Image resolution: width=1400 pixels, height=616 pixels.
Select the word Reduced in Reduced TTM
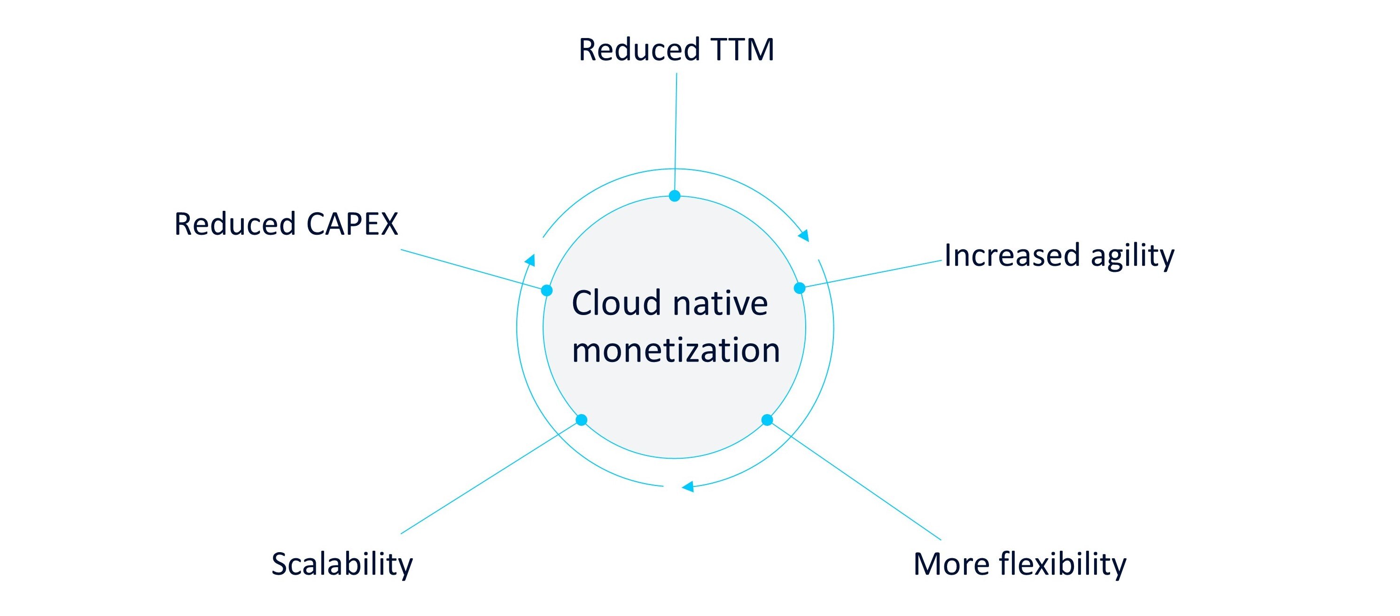click(x=639, y=50)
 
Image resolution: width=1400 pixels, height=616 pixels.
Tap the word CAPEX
click(x=352, y=224)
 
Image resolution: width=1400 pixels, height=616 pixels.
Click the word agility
click(x=1133, y=256)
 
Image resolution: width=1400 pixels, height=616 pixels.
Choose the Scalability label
click(x=342, y=564)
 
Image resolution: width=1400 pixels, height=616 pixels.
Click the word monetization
click(x=676, y=350)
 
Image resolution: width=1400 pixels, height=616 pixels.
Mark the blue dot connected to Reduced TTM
click(x=675, y=196)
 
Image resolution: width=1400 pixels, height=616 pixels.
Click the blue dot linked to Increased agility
click(x=800, y=288)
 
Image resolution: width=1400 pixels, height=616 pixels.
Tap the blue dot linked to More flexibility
click(x=767, y=420)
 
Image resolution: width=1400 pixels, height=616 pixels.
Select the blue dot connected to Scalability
click(x=582, y=420)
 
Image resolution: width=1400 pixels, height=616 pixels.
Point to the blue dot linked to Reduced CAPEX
click(x=547, y=291)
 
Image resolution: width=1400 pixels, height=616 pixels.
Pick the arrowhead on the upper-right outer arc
click(x=804, y=235)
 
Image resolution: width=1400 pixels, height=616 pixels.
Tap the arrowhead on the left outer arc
click(x=530, y=260)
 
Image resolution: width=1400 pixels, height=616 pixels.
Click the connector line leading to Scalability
click(x=489, y=478)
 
